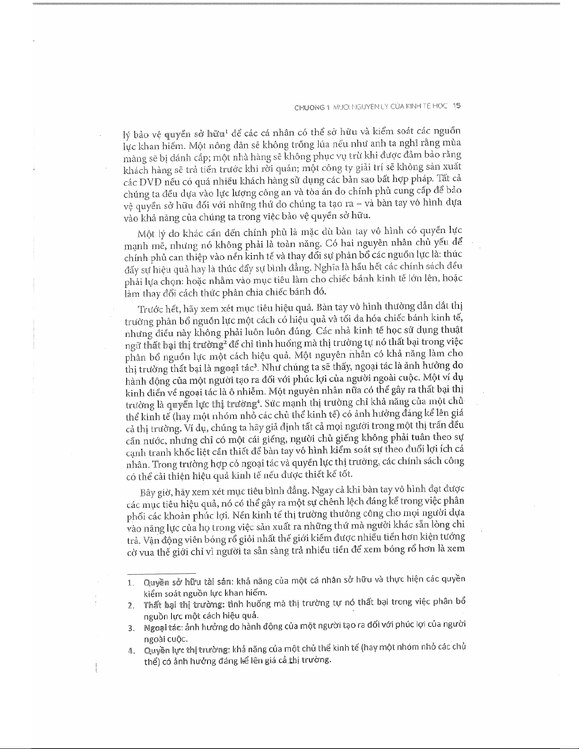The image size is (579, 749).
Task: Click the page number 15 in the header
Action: tap(456, 106)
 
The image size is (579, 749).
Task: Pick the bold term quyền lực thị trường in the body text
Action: tap(213, 405)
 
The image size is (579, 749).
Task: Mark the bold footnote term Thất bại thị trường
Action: tap(184, 605)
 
